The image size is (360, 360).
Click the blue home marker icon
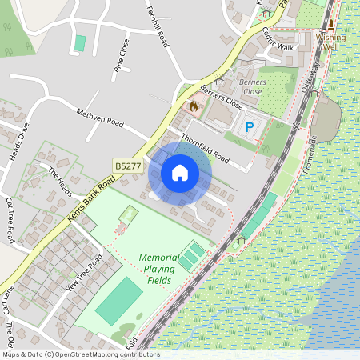coord(180,173)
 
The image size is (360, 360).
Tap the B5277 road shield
coord(127,166)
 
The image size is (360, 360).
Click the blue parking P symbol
coord(250,126)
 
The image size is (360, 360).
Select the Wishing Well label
coord(330,42)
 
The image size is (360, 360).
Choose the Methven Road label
coord(100,118)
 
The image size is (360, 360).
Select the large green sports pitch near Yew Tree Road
coord(119,301)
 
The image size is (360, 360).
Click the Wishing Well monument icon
coord(330,24)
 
